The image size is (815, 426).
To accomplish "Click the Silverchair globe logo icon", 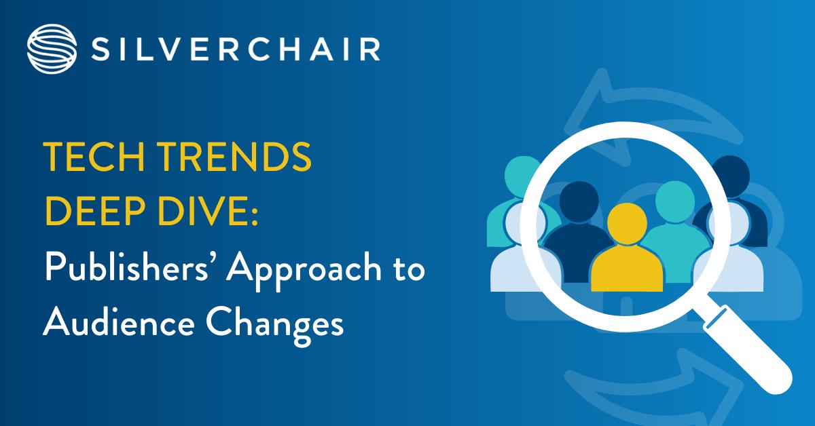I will pos(50,48).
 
